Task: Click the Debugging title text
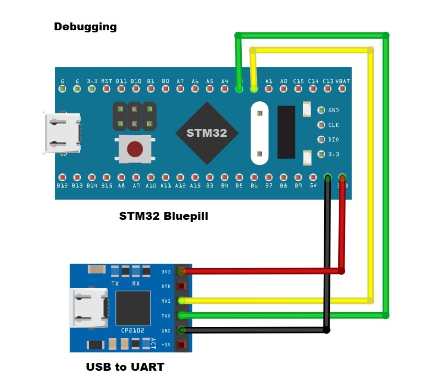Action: click(x=85, y=27)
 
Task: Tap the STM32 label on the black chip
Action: click(x=207, y=133)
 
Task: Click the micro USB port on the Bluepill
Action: click(x=63, y=134)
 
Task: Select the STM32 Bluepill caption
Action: click(x=163, y=216)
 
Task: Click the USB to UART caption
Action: click(x=125, y=367)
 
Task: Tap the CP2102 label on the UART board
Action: click(x=133, y=331)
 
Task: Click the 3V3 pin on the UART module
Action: click(x=181, y=272)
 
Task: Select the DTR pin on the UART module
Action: click(x=181, y=286)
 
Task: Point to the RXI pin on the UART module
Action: click(x=181, y=301)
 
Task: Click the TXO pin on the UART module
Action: click(x=181, y=315)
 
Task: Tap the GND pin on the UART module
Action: click(x=181, y=330)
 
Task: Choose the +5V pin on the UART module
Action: click(x=181, y=345)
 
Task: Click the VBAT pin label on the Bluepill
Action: click(x=343, y=81)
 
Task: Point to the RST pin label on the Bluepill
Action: click(x=106, y=81)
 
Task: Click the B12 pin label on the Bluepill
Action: click(x=63, y=186)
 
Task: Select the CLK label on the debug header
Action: click(x=333, y=125)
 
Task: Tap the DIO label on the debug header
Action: click(x=333, y=140)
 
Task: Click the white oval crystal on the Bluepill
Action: click(x=259, y=132)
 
